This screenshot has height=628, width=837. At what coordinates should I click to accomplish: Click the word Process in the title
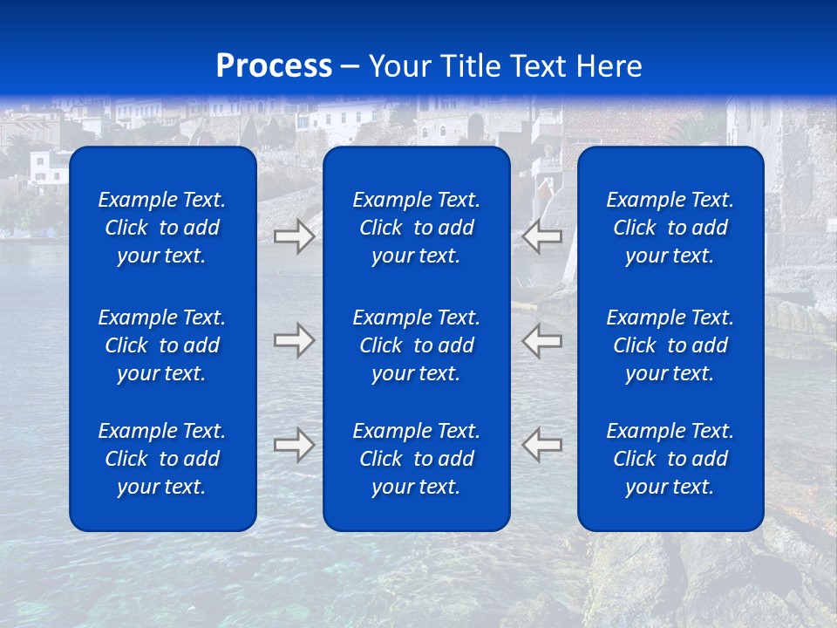[274, 66]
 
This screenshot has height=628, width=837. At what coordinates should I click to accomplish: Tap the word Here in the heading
[608, 66]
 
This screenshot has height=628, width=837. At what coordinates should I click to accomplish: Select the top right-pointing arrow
[294, 236]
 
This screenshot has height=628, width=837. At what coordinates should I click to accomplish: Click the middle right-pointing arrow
[294, 340]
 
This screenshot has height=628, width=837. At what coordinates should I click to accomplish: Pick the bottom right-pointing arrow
[294, 445]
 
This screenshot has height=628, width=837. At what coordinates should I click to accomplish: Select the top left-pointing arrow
[541, 236]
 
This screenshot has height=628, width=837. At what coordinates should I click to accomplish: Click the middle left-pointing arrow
[541, 340]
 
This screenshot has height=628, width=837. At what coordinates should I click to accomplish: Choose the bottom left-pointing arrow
[541, 445]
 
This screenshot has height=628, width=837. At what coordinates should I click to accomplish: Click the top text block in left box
[162, 228]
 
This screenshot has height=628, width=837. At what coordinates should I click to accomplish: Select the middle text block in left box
[162, 345]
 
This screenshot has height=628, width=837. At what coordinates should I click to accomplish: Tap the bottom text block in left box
[162, 459]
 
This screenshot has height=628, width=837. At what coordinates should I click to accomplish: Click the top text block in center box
[416, 228]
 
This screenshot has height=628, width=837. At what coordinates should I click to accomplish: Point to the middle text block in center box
[416, 345]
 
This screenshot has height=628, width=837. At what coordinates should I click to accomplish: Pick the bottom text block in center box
[416, 459]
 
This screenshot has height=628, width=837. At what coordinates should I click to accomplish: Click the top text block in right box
[670, 228]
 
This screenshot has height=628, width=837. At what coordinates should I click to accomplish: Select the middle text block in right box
[670, 345]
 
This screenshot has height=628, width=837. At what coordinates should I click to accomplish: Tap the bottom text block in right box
[670, 459]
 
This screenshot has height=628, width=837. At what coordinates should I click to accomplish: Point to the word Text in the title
[539, 66]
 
